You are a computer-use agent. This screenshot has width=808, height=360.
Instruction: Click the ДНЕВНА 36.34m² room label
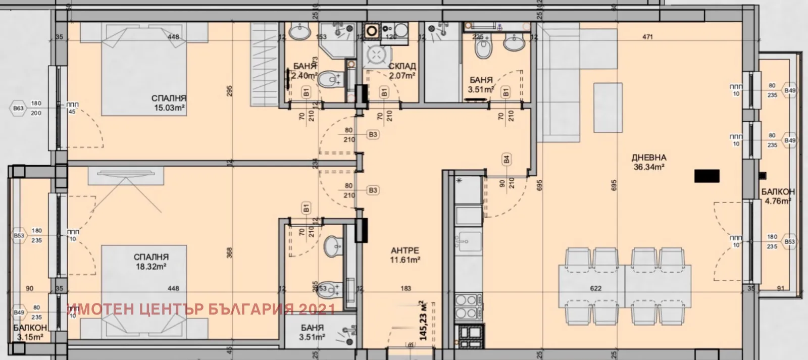pos(649,162)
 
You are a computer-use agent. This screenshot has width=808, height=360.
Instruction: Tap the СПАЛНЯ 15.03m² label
pos(169,103)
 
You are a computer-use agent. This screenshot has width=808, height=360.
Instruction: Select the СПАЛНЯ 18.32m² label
pos(151,262)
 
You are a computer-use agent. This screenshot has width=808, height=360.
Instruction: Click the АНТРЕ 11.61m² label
pos(405,255)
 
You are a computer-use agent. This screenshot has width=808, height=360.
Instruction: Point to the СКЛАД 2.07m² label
pos(402,71)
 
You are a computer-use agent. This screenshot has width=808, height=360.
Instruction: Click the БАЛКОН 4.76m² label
pos(778,196)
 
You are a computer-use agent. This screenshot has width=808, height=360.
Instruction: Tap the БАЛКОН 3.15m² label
pos(30,332)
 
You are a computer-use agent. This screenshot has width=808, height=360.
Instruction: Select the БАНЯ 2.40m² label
pos(305,71)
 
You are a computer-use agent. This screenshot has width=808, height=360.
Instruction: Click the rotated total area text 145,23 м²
pos(423,320)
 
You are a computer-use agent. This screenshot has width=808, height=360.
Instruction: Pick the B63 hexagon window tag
pos(18,108)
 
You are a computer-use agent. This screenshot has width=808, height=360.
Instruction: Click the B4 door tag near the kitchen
pos(506,160)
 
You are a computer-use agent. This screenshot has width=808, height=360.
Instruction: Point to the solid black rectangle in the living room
pos(707,176)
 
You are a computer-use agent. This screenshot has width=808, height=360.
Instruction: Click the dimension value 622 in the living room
pos(596,288)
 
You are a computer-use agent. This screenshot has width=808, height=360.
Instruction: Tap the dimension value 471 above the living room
pos(648,37)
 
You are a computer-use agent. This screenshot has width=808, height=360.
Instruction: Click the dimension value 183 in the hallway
pos(406,288)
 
